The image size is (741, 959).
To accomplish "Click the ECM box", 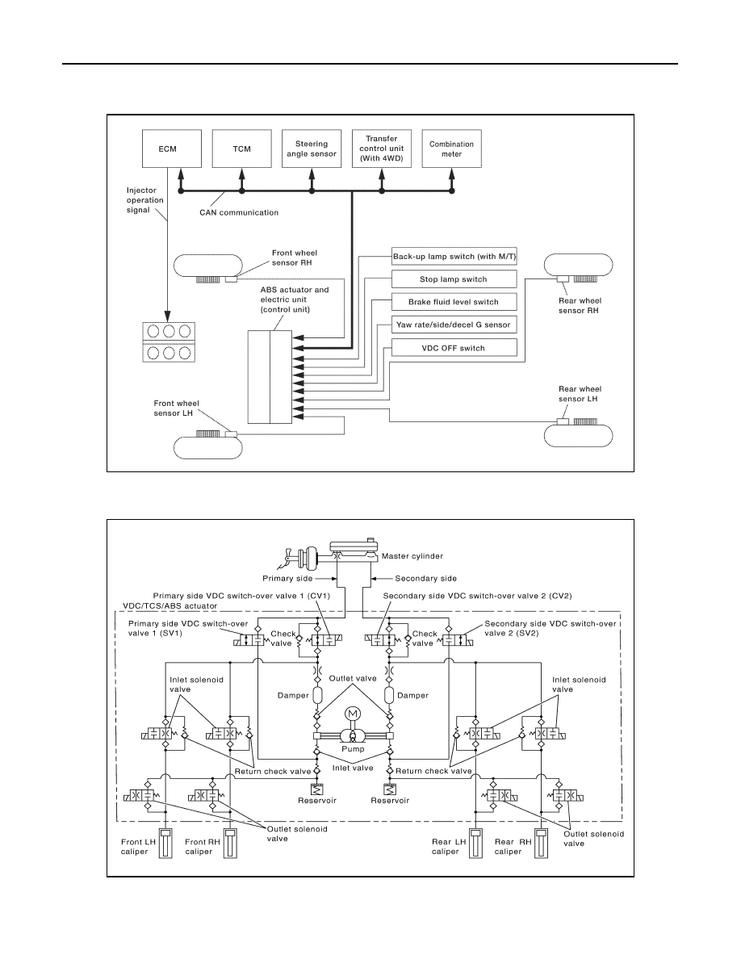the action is [x=172, y=149].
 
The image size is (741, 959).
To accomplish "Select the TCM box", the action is [x=242, y=149].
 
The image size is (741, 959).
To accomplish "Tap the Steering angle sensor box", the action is [x=312, y=149].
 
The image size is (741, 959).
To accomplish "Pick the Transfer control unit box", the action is [x=382, y=149].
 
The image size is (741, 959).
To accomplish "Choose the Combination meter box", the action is [x=452, y=149].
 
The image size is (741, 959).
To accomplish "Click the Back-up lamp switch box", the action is [x=454, y=256].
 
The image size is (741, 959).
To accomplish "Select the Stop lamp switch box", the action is [x=454, y=278].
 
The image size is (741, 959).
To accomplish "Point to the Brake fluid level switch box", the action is [x=454, y=302].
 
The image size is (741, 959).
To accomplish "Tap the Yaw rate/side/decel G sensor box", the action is [x=454, y=325].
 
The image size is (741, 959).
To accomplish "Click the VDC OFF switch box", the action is [x=454, y=347].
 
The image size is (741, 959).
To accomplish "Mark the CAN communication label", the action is [x=239, y=213].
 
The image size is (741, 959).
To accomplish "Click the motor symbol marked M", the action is [x=352, y=714].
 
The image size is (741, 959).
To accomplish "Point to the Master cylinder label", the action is [x=412, y=556].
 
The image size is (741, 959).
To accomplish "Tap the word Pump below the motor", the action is [x=353, y=749].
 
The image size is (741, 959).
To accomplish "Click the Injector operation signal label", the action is [x=145, y=200].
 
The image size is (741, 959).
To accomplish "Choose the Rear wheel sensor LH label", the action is [x=580, y=394].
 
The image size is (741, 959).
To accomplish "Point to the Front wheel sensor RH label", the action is [x=295, y=258].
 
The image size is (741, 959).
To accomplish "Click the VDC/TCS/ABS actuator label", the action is [x=170, y=606].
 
